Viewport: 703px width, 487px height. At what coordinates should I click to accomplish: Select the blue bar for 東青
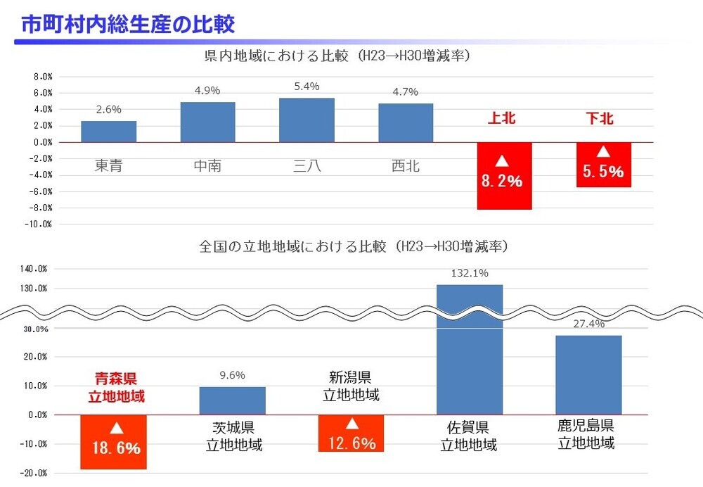pyautogui.click(x=108, y=132)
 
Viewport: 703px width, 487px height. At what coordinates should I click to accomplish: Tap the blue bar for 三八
pyautogui.click(x=307, y=120)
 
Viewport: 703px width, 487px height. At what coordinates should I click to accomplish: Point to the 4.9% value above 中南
pyautogui.click(x=207, y=90)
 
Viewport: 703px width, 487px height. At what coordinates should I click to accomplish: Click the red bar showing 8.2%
pyautogui.click(x=504, y=175)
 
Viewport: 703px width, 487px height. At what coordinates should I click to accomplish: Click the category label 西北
pyautogui.click(x=406, y=166)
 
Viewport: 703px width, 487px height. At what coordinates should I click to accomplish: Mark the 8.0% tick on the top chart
pyautogui.click(x=43, y=77)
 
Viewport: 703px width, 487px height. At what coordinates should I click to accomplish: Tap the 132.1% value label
pyautogui.click(x=470, y=273)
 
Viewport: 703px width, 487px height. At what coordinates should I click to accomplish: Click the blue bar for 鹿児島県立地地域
pyautogui.click(x=588, y=374)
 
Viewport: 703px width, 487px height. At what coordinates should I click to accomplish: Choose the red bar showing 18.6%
pyautogui.click(x=113, y=441)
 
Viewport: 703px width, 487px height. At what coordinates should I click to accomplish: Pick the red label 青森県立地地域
pyautogui.click(x=116, y=388)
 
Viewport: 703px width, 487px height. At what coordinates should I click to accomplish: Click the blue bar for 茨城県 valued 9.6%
pyautogui.click(x=232, y=400)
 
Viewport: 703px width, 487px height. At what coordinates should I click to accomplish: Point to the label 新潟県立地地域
pyautogui.click(x=351, y=386)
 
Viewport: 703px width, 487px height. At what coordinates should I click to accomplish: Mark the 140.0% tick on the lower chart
pyautogui.click(x=34, y=269)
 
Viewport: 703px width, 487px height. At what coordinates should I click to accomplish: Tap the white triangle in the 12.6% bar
pyautogui.click(x=352, y=424)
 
